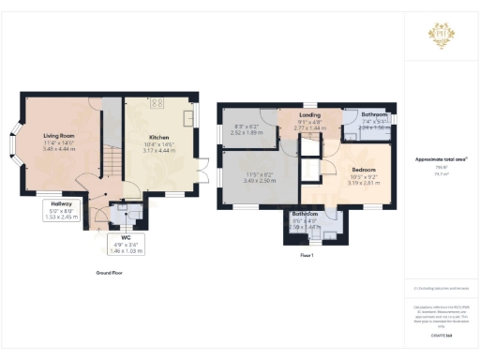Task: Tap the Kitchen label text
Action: pyautogui.click(x=157, y=137)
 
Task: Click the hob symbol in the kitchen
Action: pyautogui.click(x=157, y=102)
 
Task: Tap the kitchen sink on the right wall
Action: pyautogui.click(x=190, y=116)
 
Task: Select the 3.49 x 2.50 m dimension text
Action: pyautogui.click(x=259, y=179)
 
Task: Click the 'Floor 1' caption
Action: pyautogui.click(x=306, y=255)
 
